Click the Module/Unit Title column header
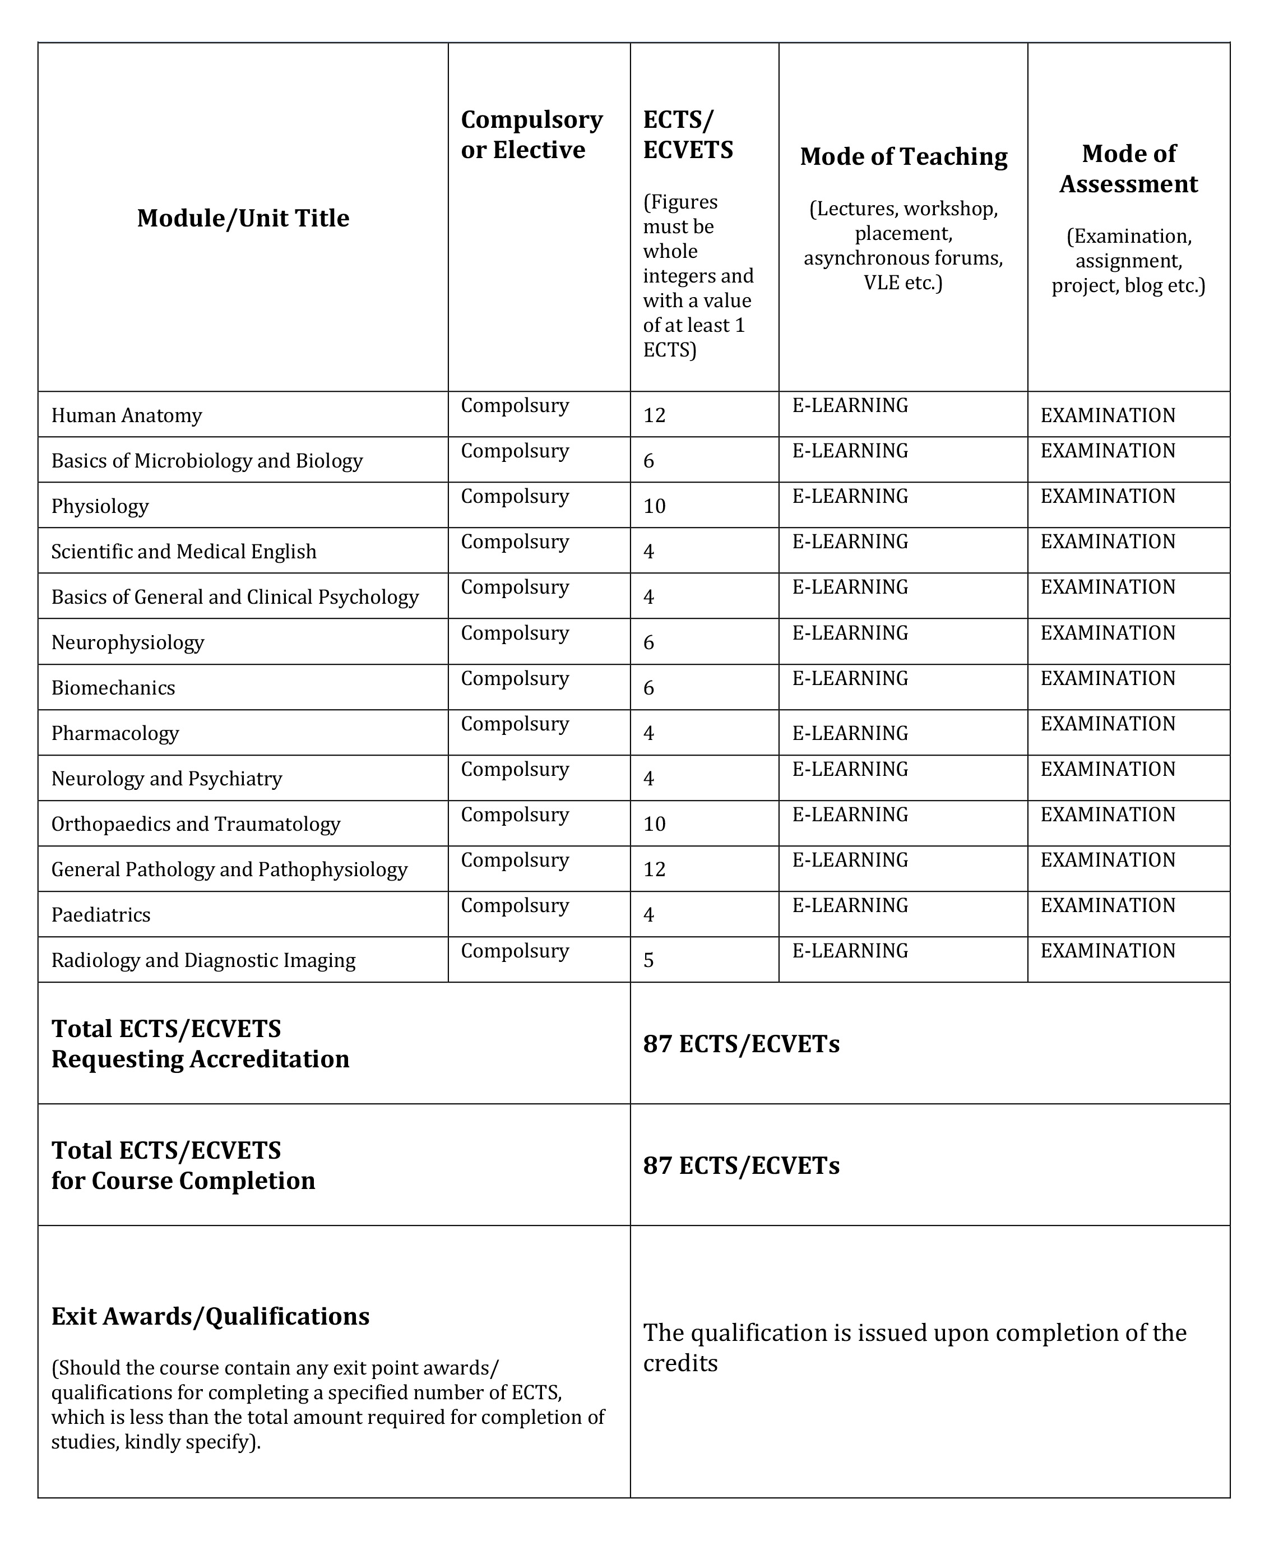(x=243, y=218)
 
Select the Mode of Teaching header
(x=904, y=156)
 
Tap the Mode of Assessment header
(x=1129, y=169)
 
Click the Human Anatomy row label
(x=126, y=415)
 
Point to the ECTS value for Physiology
(x=655, y=506)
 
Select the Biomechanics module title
(x=113, y=688)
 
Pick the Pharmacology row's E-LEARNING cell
(x=850, y=733)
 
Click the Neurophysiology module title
(x=128, y=642)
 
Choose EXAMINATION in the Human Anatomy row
(x=1108, y=415)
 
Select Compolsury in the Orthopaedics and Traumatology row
(x=515, y=815)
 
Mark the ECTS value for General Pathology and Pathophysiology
(x=655, y=869)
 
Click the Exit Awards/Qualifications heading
(x=210, y=1316)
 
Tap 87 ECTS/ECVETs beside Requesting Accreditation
(x=741, y=1044)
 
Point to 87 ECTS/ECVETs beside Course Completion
(x=741, y=1165)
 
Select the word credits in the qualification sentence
(x=680, y=1363)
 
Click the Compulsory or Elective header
(x=531, y=135)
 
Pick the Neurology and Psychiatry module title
(x=166, y=778)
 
